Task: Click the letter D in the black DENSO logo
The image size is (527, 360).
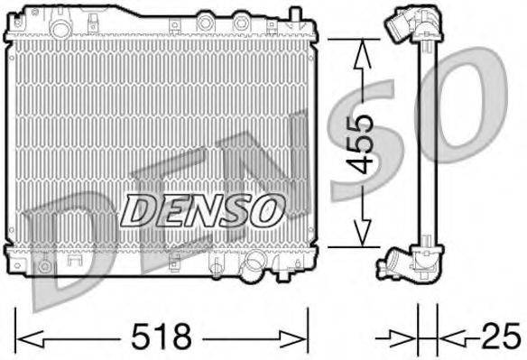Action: (140, 211)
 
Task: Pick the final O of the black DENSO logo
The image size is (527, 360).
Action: (267, 211)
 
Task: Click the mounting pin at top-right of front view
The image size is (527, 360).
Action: (293, 14)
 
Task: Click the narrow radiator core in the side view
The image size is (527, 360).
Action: (428, 144)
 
